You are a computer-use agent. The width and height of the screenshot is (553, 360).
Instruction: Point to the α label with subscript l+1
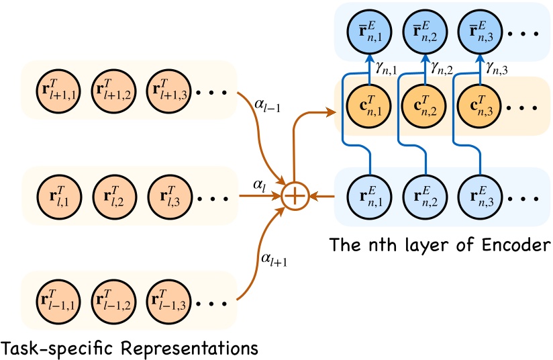[x=274, y=258]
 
